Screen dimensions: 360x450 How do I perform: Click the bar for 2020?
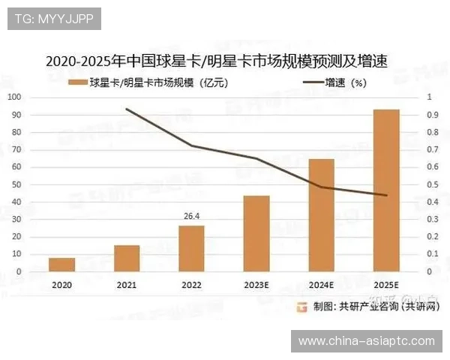click(62, 265)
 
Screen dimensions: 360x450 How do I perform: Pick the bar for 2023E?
click(256, 234)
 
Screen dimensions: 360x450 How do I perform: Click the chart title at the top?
click(220, 60)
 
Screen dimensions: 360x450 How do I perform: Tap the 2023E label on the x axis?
click(256, 285)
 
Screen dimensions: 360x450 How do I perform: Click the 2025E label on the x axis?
click(386, 285)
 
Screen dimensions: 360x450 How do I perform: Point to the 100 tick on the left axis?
click(15, 97)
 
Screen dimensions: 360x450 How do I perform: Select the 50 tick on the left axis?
click(17, 184)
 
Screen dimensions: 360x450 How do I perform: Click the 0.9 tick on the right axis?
click(433, 115)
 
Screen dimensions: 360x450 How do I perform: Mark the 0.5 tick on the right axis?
click(433, 184)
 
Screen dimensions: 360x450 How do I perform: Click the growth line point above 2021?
click(127, 109)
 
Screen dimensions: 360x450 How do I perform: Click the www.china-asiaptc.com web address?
click(366, 341)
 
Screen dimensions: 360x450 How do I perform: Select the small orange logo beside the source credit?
click(301, 306)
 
